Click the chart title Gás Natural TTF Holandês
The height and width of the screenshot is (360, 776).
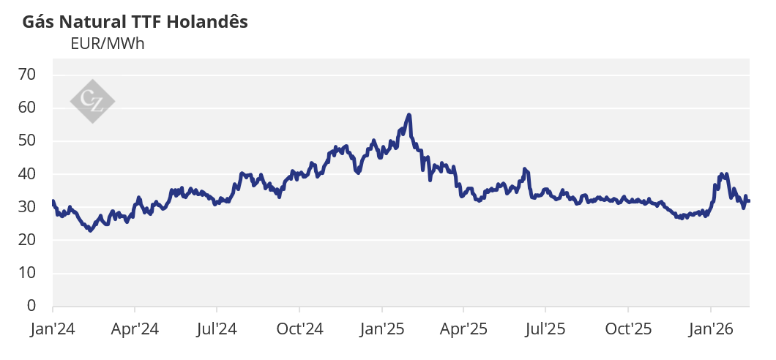135,22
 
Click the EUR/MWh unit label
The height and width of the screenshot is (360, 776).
107,43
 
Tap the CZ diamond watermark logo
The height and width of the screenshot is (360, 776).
92,100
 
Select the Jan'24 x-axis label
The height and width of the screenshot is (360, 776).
53,329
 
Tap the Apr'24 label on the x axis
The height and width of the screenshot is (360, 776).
135,329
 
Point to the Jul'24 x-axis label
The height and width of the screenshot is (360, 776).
217,329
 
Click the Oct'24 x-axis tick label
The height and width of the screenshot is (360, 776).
300,329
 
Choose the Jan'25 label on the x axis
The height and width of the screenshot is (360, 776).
382,329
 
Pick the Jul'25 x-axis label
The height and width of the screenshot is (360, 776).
546,329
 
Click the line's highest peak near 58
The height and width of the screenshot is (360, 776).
409,115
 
